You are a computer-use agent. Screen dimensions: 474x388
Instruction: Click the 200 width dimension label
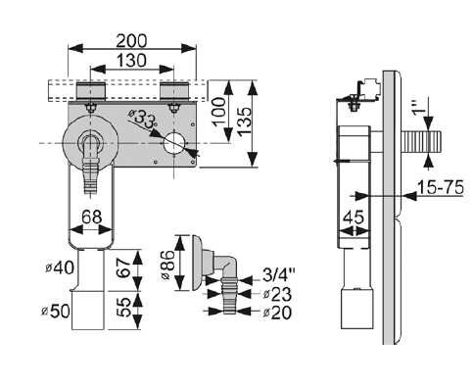[x=132, y=41]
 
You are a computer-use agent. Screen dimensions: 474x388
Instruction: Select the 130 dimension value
[x=131, y=61]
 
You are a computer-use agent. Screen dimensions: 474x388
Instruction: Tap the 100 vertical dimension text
[x=219, y=112]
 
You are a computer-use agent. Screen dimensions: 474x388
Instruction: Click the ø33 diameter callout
[x=142, y=118]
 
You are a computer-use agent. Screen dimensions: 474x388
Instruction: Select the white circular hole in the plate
[x=175, y=144]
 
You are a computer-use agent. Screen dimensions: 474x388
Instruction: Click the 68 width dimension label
[x=92, y=217]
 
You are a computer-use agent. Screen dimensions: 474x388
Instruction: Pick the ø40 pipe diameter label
[x=60, y=268]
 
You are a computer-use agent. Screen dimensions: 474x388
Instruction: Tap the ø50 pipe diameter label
[x=56, y=312]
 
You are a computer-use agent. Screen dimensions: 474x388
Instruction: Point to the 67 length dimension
[x=124, y=267]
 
